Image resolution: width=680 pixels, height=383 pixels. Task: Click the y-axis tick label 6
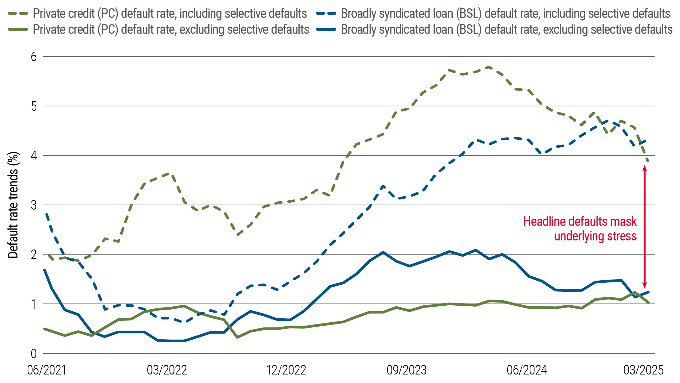click(x=34, y=57)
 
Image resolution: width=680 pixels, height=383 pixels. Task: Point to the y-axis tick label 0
click(x=34, y=354)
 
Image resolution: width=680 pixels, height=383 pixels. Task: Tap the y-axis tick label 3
click(x=34, y=205)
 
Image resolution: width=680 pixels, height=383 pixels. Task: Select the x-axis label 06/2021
click(x=47, y=370)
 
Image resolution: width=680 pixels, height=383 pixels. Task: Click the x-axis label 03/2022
click(x=167, y=370)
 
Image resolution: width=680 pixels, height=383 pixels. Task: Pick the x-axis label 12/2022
click(x=287, y=370)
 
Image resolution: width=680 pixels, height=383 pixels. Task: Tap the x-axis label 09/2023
click(x=406, y=370)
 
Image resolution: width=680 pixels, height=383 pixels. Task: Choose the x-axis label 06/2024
click(x=526, y=370)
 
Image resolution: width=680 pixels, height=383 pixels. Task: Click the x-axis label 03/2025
click(x=643, y=370)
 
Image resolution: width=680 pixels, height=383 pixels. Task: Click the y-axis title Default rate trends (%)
click(x=13, y=205)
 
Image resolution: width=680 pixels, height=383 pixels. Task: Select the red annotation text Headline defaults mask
click(x=580, y=222)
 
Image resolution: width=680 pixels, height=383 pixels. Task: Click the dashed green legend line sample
click(x=18, y=13)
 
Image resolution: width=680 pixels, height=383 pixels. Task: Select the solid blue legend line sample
click(x=326, y=29)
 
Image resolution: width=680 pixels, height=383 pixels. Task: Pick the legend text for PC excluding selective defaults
click(x=171, y=29)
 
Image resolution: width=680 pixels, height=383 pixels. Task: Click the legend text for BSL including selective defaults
click(x=505, y=13)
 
